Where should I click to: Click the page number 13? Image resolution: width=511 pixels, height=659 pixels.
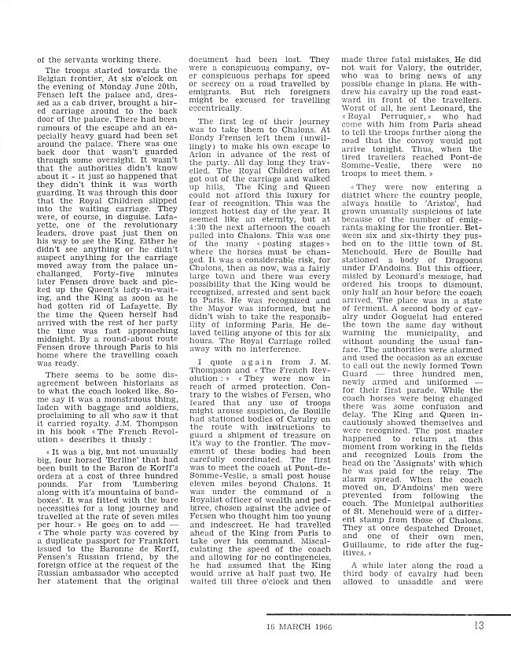point(480,625)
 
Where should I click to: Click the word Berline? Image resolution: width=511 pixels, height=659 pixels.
point(131,497)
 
